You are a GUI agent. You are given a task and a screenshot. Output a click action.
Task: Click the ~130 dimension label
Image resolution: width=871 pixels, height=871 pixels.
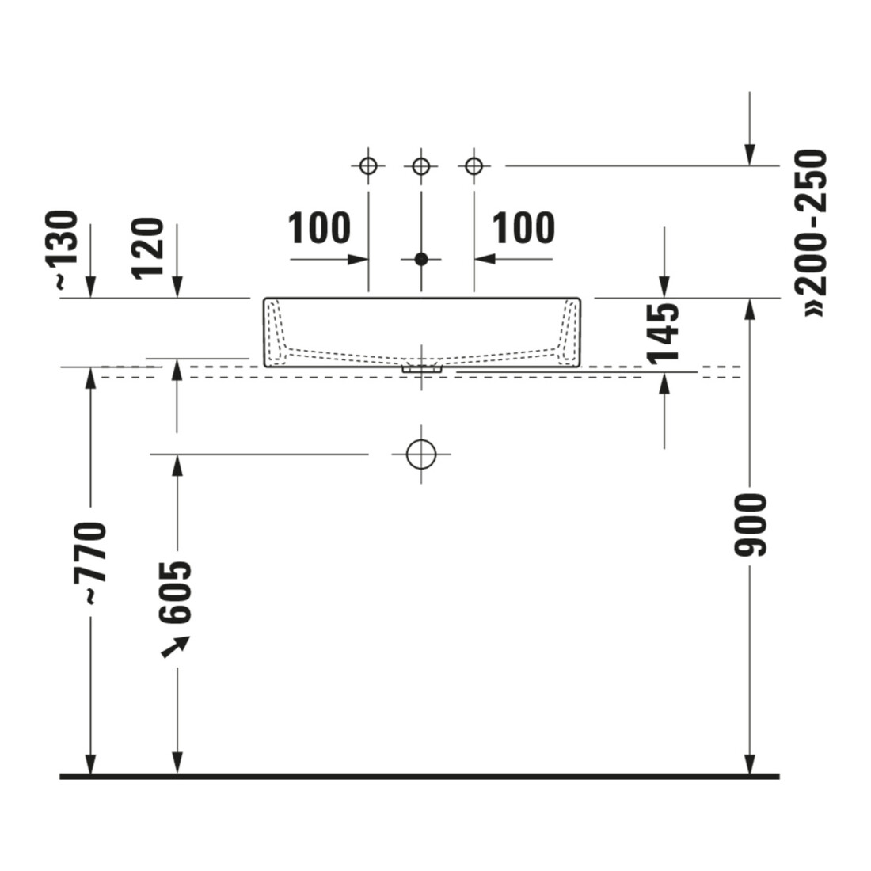(x=66, y=249)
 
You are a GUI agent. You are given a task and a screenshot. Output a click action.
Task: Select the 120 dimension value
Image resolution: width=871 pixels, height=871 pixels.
(x=148, y=248)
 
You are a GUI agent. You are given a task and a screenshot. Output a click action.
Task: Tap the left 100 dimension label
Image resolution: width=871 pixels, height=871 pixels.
(x=319, y=228)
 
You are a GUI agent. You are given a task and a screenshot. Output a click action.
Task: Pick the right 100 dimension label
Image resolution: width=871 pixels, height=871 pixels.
(x=523, y=228)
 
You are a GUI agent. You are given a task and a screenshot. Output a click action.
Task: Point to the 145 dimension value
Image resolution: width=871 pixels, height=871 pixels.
(x=664, y=333)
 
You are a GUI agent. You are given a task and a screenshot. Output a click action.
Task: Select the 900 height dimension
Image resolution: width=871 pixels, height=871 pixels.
(x=750, y=524)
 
